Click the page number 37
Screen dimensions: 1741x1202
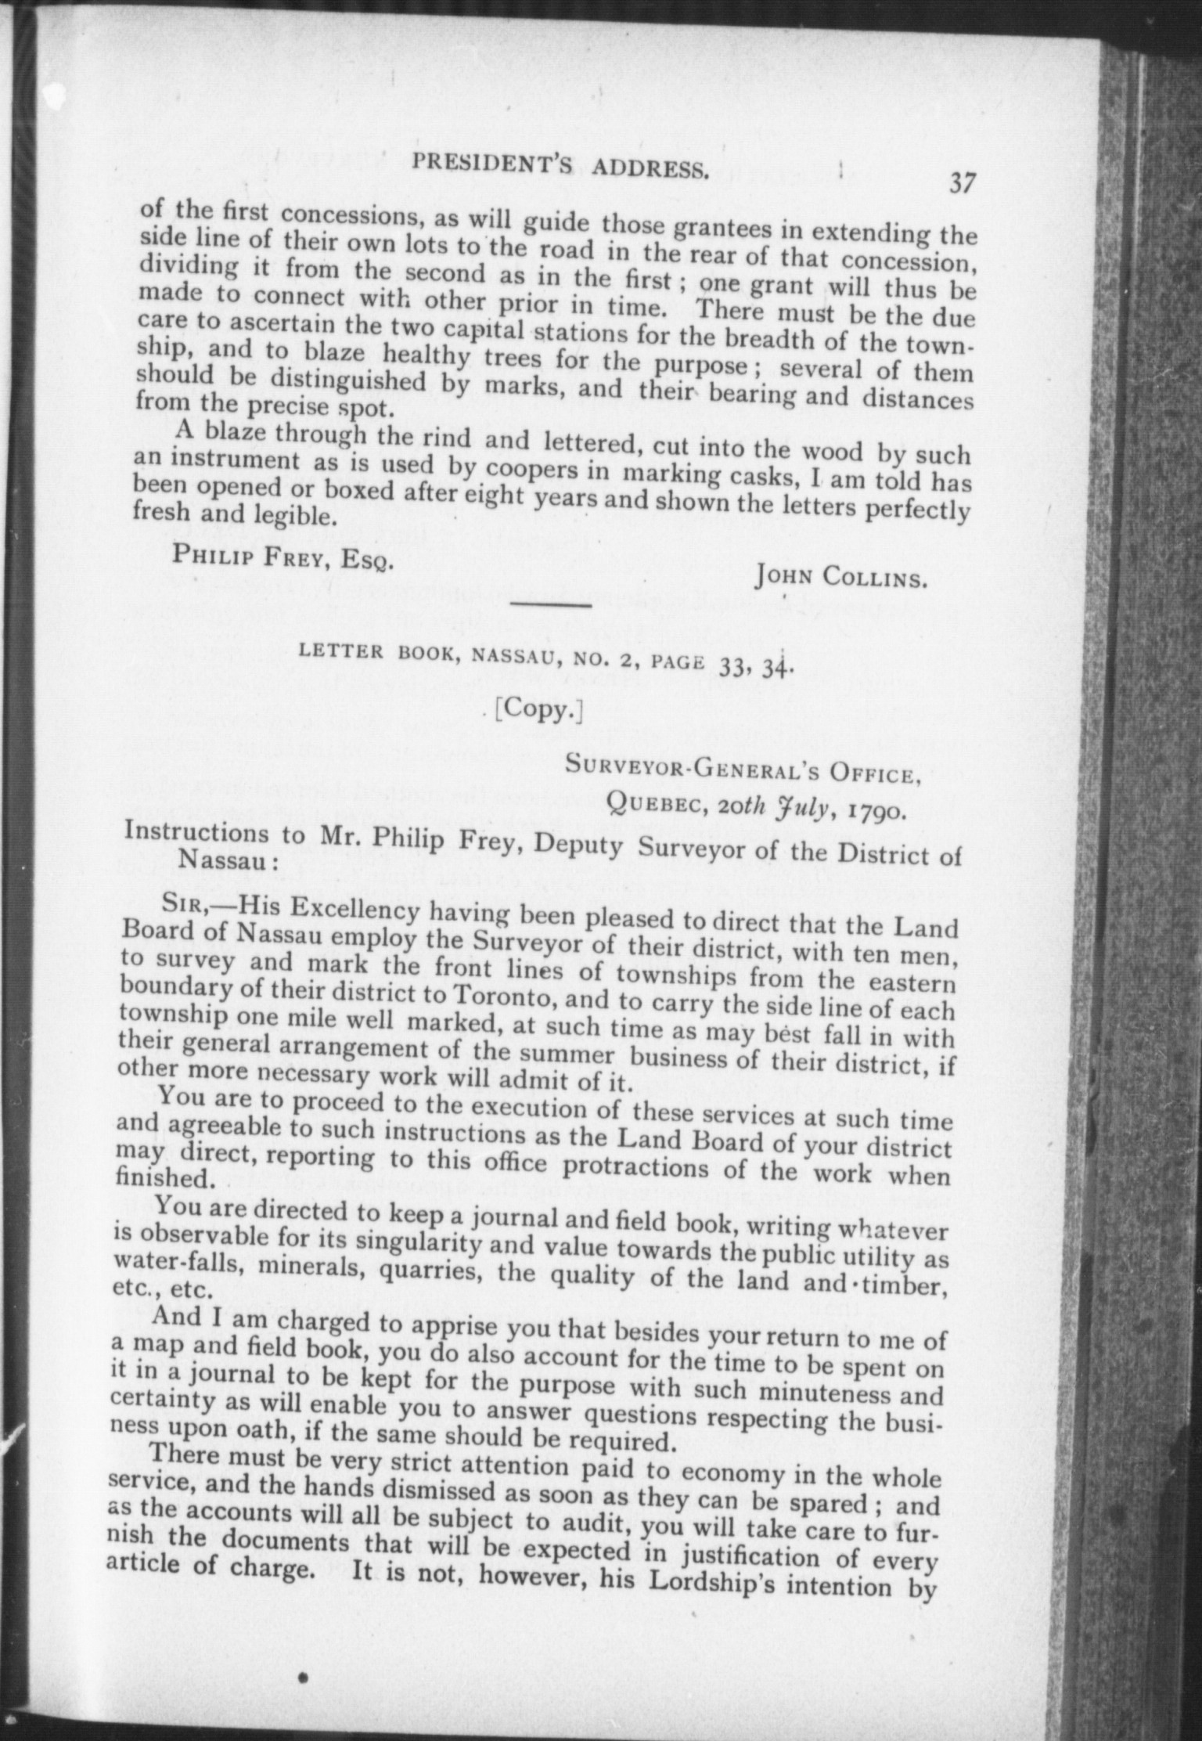pyautogui.click(x=962, y=183)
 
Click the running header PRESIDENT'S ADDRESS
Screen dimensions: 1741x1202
pyautogui.click(x=561, y=167)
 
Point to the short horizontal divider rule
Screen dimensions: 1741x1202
pyautogui.click(x=551, y=604)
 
